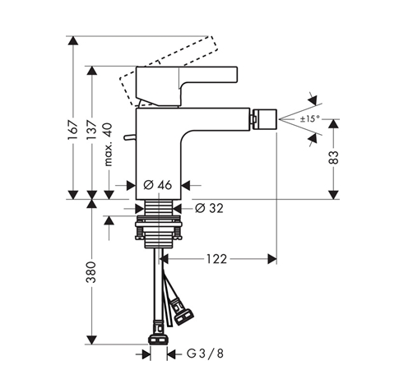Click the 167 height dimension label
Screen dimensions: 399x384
[x=73, y=130]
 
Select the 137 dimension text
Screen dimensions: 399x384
[x=92, y=129]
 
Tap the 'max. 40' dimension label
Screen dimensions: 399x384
[x=109, y=145]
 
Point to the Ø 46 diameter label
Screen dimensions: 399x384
[x=158, y=185]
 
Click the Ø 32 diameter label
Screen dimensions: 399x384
[x=209, y=208]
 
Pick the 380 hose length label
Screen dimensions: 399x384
[x=91, y=272]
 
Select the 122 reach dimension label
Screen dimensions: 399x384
[x=216, y=259]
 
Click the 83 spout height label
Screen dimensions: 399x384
[x=333, y=157]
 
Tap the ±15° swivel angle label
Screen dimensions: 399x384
[x=309, y=119]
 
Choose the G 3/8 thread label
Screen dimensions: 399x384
[x=205, y=354]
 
